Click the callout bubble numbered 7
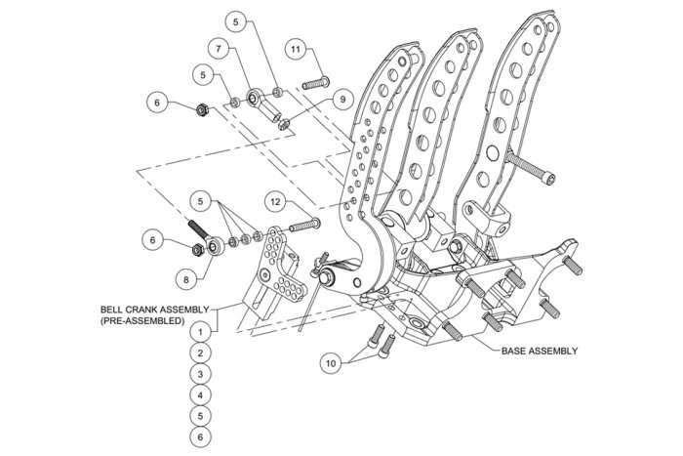coord(219,49)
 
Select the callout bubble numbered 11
coord(296,49)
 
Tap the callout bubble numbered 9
coord(342,100)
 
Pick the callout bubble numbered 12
coord(275,202)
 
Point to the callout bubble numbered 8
coord(186,279)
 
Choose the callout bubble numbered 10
coord(331,363)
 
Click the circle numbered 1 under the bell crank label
coord(200,332)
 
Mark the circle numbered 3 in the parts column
coord(200,374)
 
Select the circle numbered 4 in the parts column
coord(200,395)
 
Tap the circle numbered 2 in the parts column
coord(200,353)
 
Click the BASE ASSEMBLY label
coord(540,351)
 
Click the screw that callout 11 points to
coord(315,83)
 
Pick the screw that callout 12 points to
coord(304,226)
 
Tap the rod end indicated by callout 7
coord(262,104)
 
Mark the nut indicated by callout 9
coord(284,125)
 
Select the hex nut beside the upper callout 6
coord(201,110)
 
